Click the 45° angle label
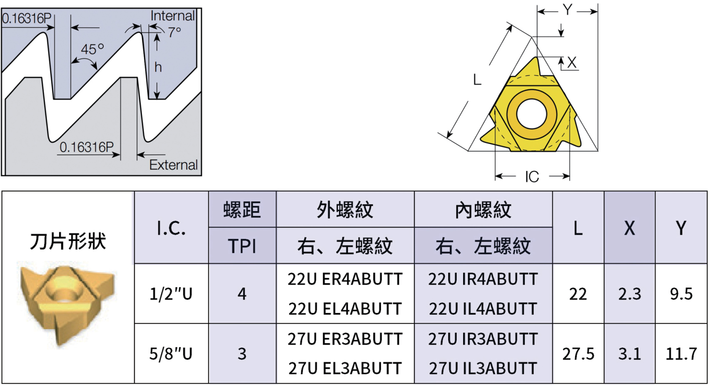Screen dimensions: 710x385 coord(92,49)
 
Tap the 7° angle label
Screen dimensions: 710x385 coord(175,32)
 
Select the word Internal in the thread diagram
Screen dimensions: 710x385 coord(172,16)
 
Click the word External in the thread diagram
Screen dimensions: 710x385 coord(173,165)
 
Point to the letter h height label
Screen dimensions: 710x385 coord(158,67)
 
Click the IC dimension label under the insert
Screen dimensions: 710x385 coord(532,177)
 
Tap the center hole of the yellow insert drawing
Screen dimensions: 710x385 coord(532,113)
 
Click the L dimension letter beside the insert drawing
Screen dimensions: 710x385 coord(477,79)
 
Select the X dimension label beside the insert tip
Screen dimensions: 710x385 coord(572,63)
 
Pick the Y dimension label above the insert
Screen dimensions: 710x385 coord(567,10)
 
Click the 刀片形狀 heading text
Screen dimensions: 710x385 coord(68,241)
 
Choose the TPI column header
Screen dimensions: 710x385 coord(242,246)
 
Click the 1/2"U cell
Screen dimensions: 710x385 coord(171,294)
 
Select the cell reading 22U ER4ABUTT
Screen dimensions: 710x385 coord(345,279)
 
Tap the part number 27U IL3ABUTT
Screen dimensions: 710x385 coord(483,368)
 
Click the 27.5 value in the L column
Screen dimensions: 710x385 coord(578,354)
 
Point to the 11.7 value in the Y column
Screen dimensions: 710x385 coord(681,354)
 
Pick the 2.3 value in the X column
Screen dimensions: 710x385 coord(630,294)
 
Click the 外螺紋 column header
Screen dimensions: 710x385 coord(345,210)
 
